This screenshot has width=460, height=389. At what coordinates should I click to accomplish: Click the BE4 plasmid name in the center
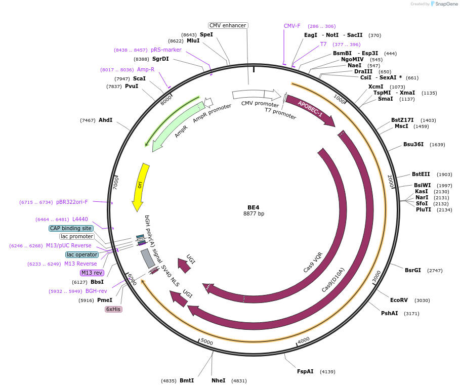(x=253, y=207)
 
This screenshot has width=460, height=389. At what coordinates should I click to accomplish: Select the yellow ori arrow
(x=140, y=186)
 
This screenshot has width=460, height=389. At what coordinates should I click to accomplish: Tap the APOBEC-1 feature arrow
(x=310, y=108)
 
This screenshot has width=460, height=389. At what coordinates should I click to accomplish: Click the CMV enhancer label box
(x=228, y=25)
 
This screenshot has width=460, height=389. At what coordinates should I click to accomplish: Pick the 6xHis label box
(x=113, y=309)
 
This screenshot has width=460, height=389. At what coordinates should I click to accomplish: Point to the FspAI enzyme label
(x=305, y=371)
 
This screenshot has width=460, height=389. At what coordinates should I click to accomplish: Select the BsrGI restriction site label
(x=412, y=270)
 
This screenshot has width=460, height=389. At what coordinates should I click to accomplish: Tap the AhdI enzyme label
(x=105, y=120)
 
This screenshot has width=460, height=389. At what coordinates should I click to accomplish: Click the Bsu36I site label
(x=413, y=144)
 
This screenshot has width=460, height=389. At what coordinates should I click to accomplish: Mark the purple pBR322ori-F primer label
(x=72, y=202)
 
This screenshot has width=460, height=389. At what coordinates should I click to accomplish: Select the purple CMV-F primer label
(x=292, y=26)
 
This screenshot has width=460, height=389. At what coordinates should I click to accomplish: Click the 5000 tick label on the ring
(x=207, y=342)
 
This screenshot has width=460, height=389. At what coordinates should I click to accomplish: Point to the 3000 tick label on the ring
(x=376, y=277)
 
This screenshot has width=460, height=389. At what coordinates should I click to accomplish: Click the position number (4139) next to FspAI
(x=327, y=372)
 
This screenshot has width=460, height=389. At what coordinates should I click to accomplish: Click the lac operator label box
(x=82, y=254)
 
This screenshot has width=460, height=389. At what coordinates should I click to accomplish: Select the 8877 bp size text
(x=254, y=214)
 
